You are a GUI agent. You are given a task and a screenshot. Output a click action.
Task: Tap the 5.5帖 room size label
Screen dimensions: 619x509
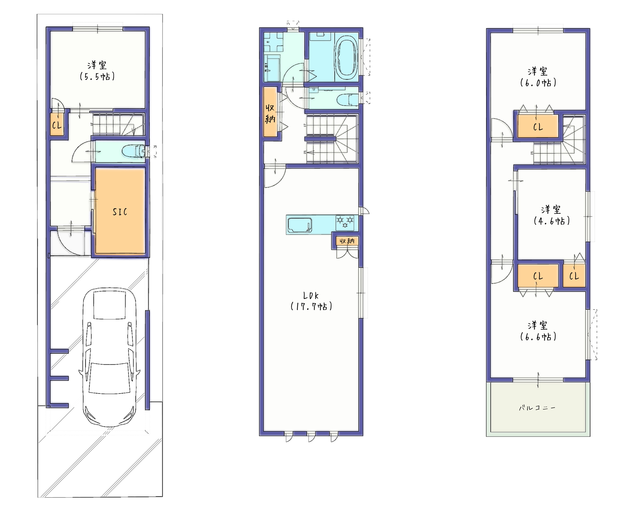tap(97, 77)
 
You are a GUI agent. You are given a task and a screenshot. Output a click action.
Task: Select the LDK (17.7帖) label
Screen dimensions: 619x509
tap(311, 301)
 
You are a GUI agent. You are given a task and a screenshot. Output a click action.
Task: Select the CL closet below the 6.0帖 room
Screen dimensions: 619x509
tap(538, 126)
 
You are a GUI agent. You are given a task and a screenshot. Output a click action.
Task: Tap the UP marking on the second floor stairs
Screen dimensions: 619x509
tap(305, 125)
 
